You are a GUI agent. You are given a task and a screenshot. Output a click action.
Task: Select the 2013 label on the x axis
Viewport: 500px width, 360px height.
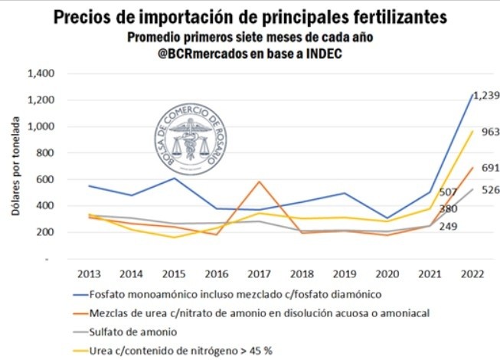[90, 273]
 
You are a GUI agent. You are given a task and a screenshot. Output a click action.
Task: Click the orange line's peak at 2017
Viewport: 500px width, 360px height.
[260, 182]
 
